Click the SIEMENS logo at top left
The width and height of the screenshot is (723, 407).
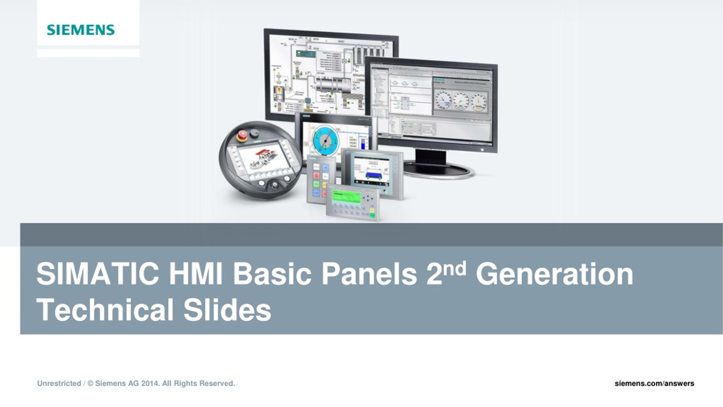click(x=81, y=30)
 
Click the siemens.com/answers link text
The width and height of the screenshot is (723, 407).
click(x=654, y=384)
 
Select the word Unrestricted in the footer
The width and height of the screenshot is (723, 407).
click(x=59, y=384)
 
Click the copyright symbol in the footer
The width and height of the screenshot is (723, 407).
click(x=90, y=384)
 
